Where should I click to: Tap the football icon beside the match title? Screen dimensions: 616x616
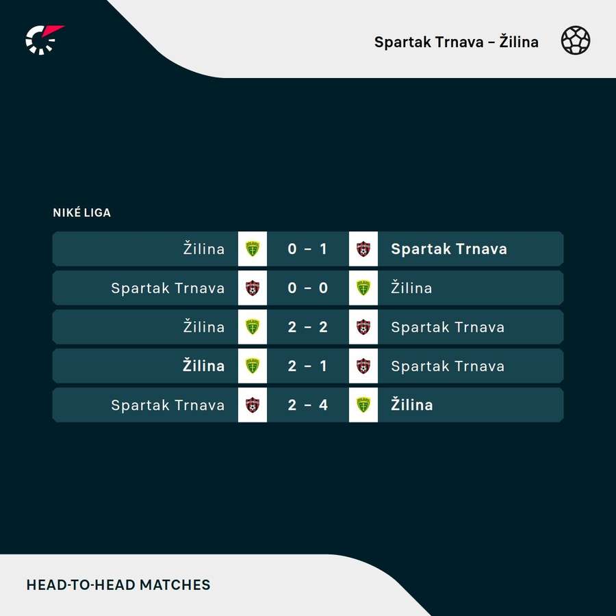tap(576, 40)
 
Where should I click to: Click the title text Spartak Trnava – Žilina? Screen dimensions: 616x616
tap(456, 42)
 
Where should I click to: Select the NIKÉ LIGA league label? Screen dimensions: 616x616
tap(81, 212)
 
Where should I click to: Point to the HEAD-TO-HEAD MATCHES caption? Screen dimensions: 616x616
tap(118, 585)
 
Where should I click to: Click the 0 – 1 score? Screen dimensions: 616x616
tap(307, 248)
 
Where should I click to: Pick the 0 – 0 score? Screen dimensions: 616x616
tap(307, 288)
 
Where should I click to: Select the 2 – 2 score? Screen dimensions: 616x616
tap(307, 327)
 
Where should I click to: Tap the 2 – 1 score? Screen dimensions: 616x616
tap(307, 365)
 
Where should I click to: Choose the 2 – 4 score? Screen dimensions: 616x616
tap(307, 405)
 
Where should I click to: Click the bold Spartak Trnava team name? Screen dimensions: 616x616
tap(449, 249)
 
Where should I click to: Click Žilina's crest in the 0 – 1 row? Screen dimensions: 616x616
tap(252, 248)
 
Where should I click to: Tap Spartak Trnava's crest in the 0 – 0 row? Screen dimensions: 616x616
tap(252, 288)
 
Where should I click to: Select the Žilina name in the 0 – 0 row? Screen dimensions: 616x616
tap(411, 287)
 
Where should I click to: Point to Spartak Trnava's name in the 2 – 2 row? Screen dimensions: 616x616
tap(448, 327)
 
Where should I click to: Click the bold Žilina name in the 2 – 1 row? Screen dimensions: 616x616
tap(203, 365)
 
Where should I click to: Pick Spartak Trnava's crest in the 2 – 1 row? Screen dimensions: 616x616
tap(363, 365)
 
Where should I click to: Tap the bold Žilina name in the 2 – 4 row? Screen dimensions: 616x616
tap(412, 405)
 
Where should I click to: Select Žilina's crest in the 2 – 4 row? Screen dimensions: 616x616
tap(363, 405)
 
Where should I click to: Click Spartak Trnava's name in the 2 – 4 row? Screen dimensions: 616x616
tap(168, 405)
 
